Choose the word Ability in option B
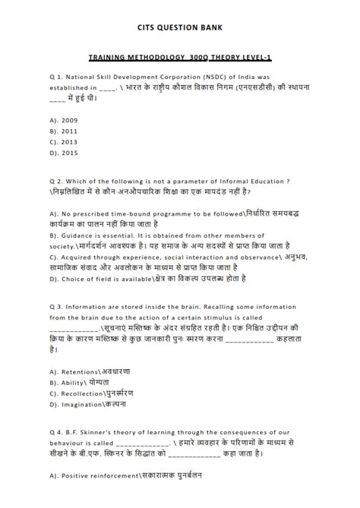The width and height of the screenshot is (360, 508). (74, 383)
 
